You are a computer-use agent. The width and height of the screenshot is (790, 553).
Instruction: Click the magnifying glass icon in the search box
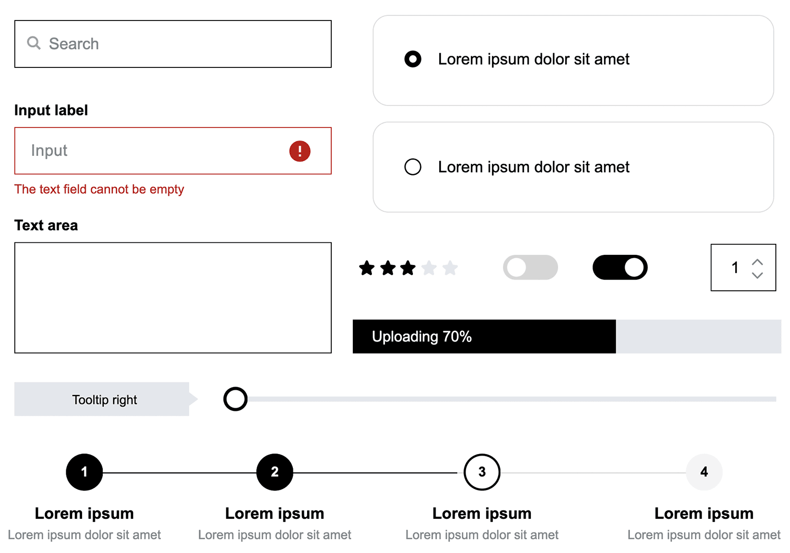[34, 43]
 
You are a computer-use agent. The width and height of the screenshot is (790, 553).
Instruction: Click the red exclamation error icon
[300, 151]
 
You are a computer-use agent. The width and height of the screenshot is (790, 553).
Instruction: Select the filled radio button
[413, 59]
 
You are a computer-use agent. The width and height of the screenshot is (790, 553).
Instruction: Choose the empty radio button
[413, 167]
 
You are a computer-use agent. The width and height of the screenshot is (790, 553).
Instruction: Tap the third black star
[408, 268]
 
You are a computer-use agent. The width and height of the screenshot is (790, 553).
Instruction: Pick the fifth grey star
[450, 268]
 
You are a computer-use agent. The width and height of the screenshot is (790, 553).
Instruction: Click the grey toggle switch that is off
[530, 268]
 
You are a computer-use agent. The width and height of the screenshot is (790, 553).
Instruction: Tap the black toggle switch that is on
[620, 268]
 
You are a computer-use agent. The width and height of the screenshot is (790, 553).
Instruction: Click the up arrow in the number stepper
[757, 262]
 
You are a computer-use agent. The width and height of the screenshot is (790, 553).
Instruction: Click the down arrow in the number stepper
[757, 275]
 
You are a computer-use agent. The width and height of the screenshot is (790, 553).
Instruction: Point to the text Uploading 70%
[422, 337]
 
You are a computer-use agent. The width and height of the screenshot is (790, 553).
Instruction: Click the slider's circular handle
[235, 399]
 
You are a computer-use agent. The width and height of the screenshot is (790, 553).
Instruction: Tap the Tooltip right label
[104, 400]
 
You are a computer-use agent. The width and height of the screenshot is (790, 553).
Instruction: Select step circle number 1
[84, 472]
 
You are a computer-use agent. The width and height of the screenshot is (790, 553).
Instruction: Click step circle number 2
[275, 472]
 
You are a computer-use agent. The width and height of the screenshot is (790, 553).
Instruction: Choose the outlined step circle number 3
[482, 472]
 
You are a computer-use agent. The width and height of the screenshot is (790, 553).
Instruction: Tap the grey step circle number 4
[704, 472]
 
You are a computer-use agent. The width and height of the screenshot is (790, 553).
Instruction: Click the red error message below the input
[99, 189]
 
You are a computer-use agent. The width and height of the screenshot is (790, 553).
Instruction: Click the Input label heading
[51, 110]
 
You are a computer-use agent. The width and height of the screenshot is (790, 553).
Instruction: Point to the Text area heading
[46, 225]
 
